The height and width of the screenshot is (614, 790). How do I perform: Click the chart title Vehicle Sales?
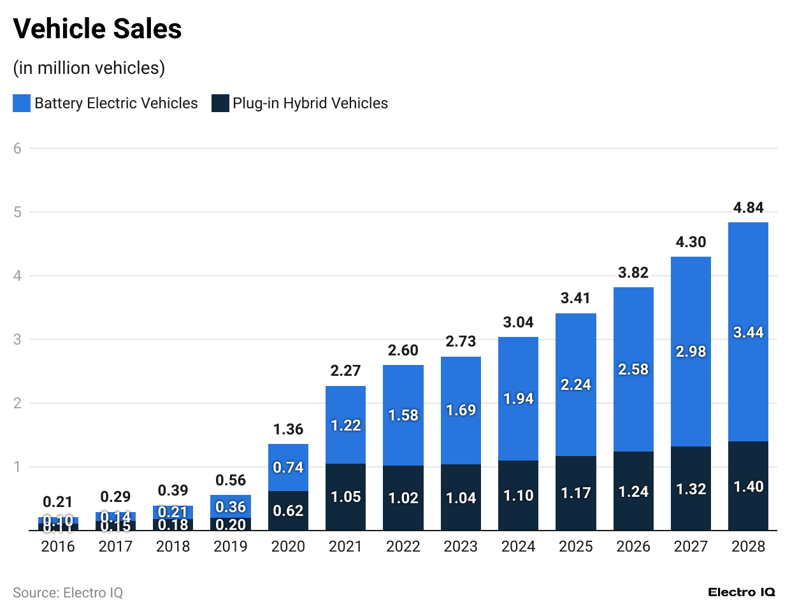[x=97, y=29]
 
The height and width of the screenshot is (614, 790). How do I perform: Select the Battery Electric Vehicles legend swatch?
[x=22, y=103]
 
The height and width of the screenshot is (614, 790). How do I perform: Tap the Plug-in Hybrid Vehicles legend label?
[x=310, y=103]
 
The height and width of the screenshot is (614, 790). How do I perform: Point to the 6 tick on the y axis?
[x=17, y=148]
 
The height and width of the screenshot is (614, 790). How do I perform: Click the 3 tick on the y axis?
[x=17, y=339]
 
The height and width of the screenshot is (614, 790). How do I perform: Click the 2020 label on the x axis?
[x=288, y=546]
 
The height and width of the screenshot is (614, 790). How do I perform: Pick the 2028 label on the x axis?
[x=748, y=546]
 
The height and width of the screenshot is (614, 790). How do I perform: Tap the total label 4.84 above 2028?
[x=748, y=208]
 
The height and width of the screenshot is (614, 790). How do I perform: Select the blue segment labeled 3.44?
[x=748, y=332]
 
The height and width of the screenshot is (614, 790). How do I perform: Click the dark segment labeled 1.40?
[x=748, y=487]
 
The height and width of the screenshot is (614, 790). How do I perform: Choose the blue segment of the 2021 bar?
[x=345, y=425]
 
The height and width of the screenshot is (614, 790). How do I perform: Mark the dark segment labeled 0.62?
[x=288, y=510]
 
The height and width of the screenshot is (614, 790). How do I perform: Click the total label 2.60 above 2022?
[x=403, y=350]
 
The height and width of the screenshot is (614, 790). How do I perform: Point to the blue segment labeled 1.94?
[x=518, y=399]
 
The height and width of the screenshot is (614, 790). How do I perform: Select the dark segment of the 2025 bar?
[x=576, y=493]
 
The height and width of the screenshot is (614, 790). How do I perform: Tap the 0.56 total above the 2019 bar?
[x=231, y=480]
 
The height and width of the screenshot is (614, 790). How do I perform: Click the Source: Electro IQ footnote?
[x=68, y=593]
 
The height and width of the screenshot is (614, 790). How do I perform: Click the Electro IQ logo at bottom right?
[x=742, y=592]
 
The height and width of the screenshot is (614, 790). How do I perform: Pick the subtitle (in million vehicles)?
[x=89, y=68]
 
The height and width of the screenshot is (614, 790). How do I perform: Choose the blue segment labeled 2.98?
[x=691, y=352]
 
